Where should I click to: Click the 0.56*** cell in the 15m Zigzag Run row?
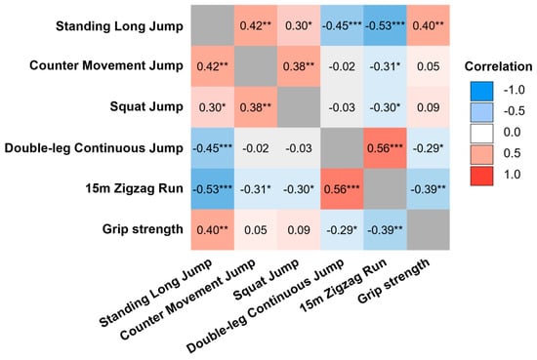pyautogui.click(x=342, y=188)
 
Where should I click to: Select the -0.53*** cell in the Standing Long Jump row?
pyautogui.click(x=385, y=25)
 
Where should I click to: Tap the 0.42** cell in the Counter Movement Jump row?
pyautogui.click(x=213, y=66)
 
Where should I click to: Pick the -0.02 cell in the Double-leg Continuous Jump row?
pyautogui.click(x=256, y=148)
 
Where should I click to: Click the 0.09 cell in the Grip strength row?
pyautogui.click(x=299, y=229)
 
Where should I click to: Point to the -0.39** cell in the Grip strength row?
pyautogui.click(x=385, y=229)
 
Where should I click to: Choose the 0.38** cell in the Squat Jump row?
pyautogui.click(x=256, y=107)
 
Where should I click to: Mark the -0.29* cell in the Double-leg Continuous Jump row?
pyautogui.click(x=428, y=148)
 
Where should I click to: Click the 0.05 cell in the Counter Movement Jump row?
pyautogui.click(x=428, y=66)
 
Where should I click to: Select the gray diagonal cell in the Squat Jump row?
pyautogui.click(x=299, y=107)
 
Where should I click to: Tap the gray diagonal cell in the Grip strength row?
pyautogui.click(x=428, y=229)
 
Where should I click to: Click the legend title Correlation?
pyautogui.click(x=498, y=66)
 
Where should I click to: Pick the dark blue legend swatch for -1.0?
pyautogui.click(x=482, y=91)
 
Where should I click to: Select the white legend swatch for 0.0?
pyautogui.click(x=482, y=133)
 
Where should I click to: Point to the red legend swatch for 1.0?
pyautogui.click(x=482, y=176)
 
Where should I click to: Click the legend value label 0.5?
pyautogui.click(x=512, y=153)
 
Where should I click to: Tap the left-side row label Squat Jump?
pyautogui.click(x=146, y=106)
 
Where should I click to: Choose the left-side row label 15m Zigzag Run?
pyautogui.click(x=135, y=188)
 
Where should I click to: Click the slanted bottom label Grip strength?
pyautogui.click(x=393, y=281)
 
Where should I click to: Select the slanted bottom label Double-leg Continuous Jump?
pyautogui.click(x=265, y=305)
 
